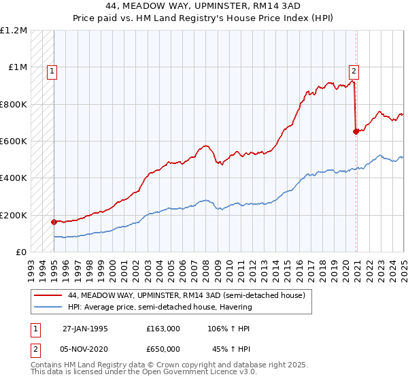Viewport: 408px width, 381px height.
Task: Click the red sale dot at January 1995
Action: coord(54,222)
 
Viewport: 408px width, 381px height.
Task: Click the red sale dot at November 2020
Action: coord(355,132)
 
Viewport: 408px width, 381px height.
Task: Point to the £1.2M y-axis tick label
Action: coord(14,31)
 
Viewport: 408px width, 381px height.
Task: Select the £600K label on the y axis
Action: coord(14,142)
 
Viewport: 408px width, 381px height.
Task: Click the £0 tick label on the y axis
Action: coord(20,252)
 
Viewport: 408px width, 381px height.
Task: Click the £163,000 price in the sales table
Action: coord(163,328)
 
